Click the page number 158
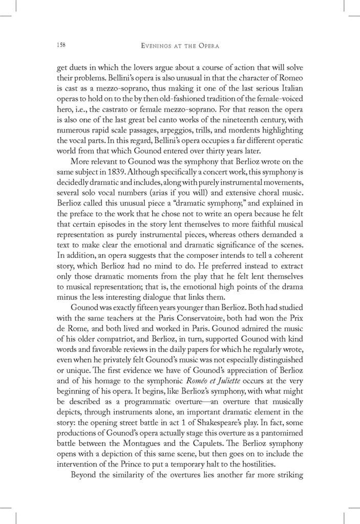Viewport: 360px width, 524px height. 60,46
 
